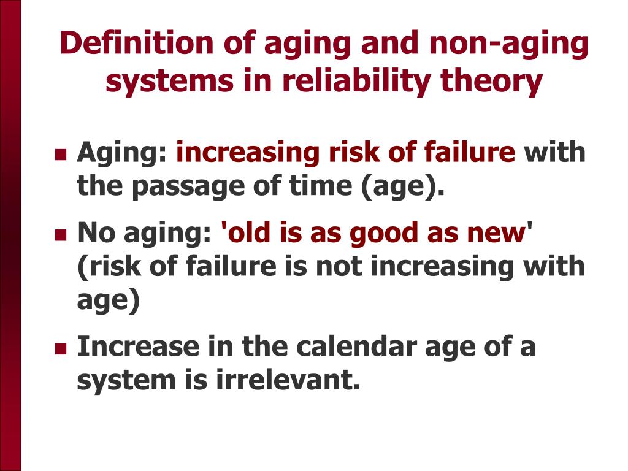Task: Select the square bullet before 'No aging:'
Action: (x=60, y=234)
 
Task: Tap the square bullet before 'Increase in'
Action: (x=60, y=348)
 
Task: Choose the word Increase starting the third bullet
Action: (x=138, y=347)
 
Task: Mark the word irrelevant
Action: (x=287, y=380)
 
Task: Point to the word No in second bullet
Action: (x=94, y=232)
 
